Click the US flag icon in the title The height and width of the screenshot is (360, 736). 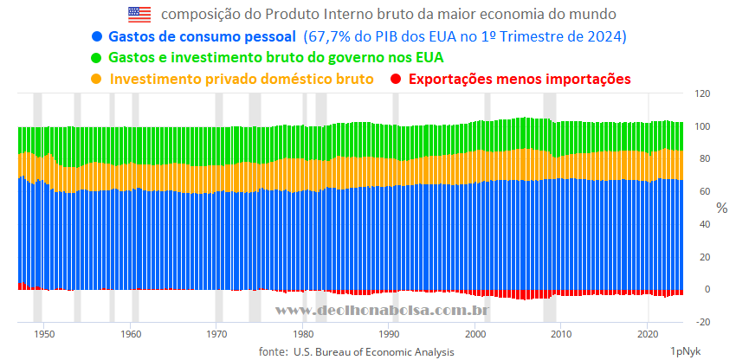pos(139,14)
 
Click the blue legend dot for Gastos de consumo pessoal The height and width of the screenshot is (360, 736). pos(96,37)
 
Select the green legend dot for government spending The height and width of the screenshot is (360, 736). pos(96,58)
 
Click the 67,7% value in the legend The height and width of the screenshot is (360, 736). pos(328,37)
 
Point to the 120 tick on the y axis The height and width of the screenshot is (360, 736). pos(703,93)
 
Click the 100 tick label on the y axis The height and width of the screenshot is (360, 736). pos(703,126)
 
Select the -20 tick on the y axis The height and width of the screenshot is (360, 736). pos(702,322)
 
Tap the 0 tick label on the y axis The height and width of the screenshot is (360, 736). pos(707,289)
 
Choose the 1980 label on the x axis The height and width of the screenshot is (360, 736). pos(303,333)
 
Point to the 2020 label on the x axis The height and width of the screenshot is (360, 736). pos(649,333)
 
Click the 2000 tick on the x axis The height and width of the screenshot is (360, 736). pos(475,333)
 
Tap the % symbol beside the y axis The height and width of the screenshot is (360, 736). pos(722,208)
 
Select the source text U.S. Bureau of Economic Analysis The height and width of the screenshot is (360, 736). pos(373,351)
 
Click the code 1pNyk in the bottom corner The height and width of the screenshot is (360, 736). pos(685,351)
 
